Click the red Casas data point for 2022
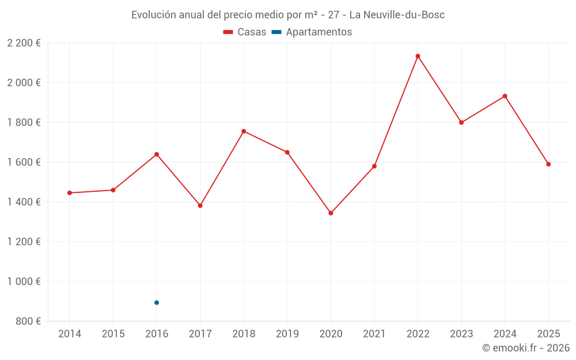(x=418, y=56)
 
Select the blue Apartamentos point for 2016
(x=157, y=302)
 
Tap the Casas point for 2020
(x=331, y=213)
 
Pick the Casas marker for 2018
(x=244, y=131)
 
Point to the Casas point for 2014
(x=70, y=193)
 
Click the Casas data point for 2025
(x=548, y=164)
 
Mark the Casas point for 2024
(x=505, y=96)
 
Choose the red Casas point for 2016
(x=157, y=154)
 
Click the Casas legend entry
(x=245, y=32)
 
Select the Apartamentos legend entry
(x=312, y=32)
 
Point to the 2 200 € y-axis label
(x=24, y=43)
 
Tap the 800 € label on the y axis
(x=27, y=321)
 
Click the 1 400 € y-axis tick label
(x=24, y=202)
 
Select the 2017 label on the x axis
(x=200, y=334)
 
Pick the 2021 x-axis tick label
(x=374, y=334)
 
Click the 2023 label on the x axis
(x=461, y=334)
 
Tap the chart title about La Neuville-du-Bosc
(x=288, y=15)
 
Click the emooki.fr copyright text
(x=525, y=348)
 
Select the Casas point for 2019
(x=287, y=152)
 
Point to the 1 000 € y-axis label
(x=24, y=282)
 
